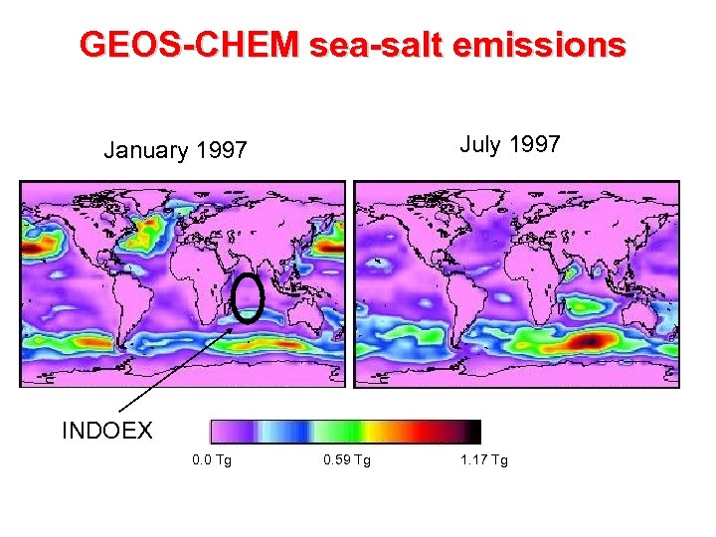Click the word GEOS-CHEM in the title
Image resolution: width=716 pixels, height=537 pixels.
pos(188,45)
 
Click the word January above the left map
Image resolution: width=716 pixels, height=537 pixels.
pos(147,151)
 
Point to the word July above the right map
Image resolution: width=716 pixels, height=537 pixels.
pos(480,145)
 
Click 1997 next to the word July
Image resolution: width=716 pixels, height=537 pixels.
pos(535,145)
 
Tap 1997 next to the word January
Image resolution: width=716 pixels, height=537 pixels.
pos(221,151)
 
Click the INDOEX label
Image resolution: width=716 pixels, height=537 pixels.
pos(107,431)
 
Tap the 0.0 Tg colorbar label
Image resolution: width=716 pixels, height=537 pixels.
pos(212,460)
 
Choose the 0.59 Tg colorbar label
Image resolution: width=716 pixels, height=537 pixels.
pos(347,460)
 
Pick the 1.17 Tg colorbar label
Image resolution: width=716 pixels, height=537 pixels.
pos(483,460)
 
